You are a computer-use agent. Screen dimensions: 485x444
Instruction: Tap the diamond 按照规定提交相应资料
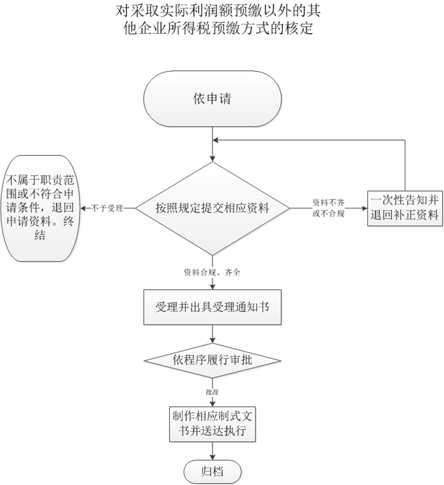213,208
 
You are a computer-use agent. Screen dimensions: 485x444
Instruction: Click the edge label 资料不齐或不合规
329,207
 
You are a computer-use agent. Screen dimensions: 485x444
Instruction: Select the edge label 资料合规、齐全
212,272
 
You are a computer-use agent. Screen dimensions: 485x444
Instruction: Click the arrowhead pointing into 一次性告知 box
365,207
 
